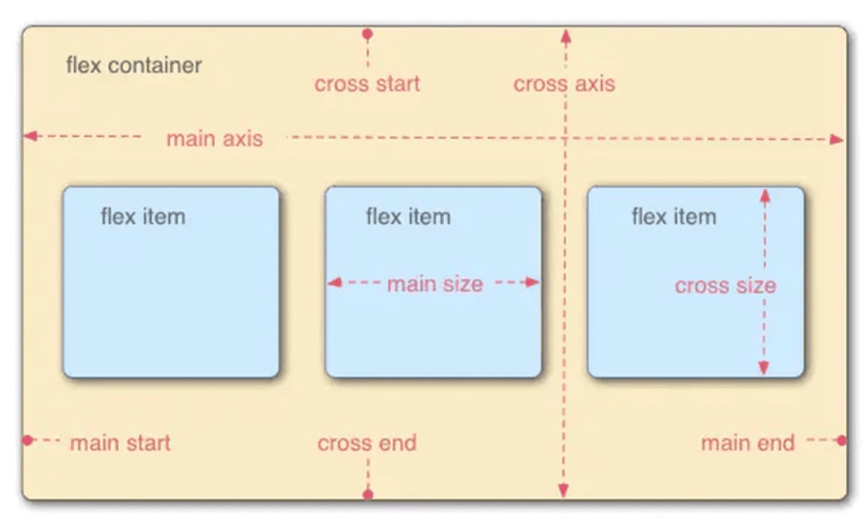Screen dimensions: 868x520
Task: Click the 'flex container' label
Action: point(134,65)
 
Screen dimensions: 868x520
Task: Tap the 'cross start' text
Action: point(367,85)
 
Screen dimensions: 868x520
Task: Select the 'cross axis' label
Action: point(564,85)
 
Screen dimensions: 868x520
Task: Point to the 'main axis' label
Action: point(215,138)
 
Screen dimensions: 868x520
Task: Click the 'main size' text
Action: point(435,284)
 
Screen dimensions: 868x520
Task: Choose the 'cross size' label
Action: point(725,286)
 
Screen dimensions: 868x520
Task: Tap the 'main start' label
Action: point(120,443)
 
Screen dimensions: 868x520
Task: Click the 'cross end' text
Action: point(367,443)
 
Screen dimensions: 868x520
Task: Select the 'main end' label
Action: point(748,443)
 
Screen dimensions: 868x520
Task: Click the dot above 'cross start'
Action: point(367,34)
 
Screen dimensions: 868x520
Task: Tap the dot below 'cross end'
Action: point(367,494)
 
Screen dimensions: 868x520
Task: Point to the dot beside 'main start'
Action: point(27,441)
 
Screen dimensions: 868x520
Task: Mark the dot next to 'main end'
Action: point(842,441)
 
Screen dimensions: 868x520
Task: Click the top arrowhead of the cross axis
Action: point(566,36)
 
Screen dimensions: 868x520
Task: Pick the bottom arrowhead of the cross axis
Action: point(563,490)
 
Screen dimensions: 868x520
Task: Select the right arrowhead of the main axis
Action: point(837,139)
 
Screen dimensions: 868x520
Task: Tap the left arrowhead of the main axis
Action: point(31,136)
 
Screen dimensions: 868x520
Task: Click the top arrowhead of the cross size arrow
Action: point(765,196)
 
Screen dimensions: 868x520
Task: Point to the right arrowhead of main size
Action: point(532,282)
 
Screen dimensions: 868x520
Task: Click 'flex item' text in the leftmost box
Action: point(143,217)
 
